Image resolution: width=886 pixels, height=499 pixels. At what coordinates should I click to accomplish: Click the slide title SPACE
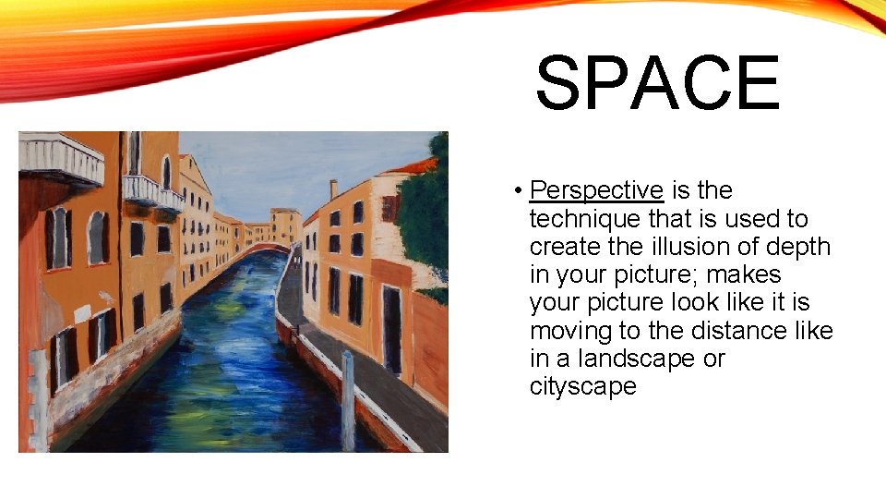[657, 84]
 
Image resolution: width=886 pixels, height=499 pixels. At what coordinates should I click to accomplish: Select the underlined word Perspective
[597, 191]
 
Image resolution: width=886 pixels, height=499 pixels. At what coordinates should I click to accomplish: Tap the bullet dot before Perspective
[521, 192]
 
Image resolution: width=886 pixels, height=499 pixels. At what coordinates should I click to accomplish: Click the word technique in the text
[575, 219]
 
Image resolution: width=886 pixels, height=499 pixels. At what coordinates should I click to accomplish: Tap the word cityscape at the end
[582, 386]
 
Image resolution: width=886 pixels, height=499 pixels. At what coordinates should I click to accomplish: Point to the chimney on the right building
[333, 189]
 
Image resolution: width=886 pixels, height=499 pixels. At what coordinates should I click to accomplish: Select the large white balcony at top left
[61, 158]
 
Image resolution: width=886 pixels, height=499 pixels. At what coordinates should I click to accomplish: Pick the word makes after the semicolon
[743, 274]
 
